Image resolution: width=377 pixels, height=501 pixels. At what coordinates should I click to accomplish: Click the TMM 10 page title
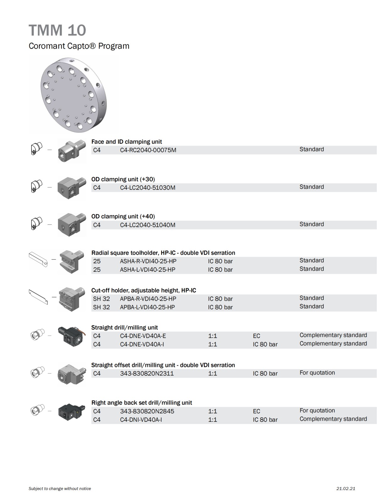(x=57, y=30)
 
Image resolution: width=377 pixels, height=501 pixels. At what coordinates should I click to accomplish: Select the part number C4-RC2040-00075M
(x=148, y=150)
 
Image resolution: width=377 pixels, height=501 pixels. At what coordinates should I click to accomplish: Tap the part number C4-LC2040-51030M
(x=148, y=188)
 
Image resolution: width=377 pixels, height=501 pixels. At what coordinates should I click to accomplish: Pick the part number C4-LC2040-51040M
(x=148, y=225)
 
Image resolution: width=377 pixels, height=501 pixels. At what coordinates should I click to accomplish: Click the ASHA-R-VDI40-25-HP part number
(x=148, y=261)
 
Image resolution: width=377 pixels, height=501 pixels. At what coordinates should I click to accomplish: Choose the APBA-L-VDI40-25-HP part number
(x=147, y=307)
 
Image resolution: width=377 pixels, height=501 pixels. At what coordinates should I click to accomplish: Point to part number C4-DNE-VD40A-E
(x=143, y=336)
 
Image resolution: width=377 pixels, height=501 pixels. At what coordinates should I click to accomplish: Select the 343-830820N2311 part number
(x=147, y=374)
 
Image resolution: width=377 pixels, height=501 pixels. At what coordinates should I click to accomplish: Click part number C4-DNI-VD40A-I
(x=141, y=419)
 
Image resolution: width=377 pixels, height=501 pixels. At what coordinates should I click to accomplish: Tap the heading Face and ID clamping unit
(x=127, y=142)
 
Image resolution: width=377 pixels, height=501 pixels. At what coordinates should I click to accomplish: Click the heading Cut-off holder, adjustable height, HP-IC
(x=144, y=290)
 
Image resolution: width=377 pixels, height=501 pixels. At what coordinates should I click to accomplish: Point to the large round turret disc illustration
(x=74, y=95)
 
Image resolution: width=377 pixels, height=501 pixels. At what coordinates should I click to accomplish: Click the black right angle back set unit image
(x=72, y=411)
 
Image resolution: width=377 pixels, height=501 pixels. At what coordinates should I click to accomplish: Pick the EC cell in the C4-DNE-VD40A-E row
(x=256, y=336)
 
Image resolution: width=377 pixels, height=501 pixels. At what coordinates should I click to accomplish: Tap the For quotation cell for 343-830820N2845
(x=317, y=410)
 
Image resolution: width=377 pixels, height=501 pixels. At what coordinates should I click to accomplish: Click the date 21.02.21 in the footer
(x=346, y=489)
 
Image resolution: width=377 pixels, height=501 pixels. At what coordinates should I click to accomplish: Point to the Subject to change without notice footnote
(x=60, y=489)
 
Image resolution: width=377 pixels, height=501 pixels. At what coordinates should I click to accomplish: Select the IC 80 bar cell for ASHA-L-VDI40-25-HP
(x=220, y=270)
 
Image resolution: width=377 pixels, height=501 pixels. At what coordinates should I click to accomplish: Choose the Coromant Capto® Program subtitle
(x=79, y=46)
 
